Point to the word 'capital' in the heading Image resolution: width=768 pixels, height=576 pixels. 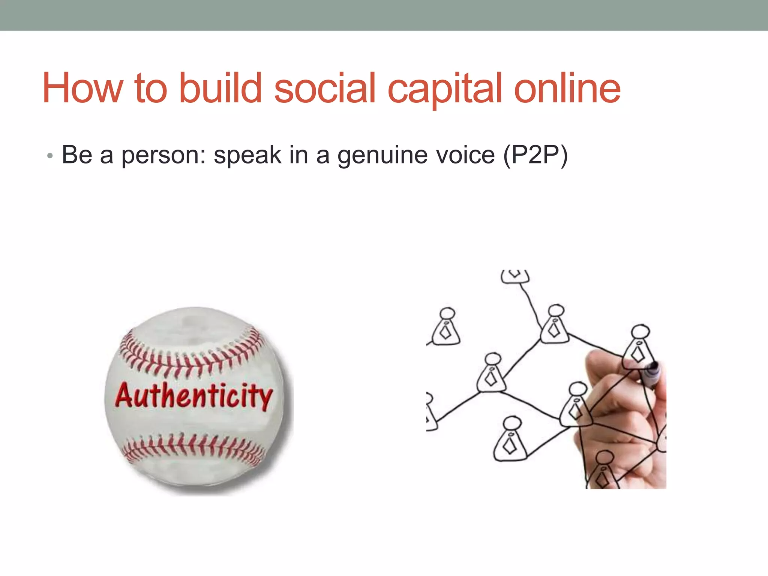coord(444,90)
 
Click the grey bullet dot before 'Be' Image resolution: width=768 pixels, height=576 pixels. coord(50,156)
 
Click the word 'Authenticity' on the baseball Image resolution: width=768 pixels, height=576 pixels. coord(193,396)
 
